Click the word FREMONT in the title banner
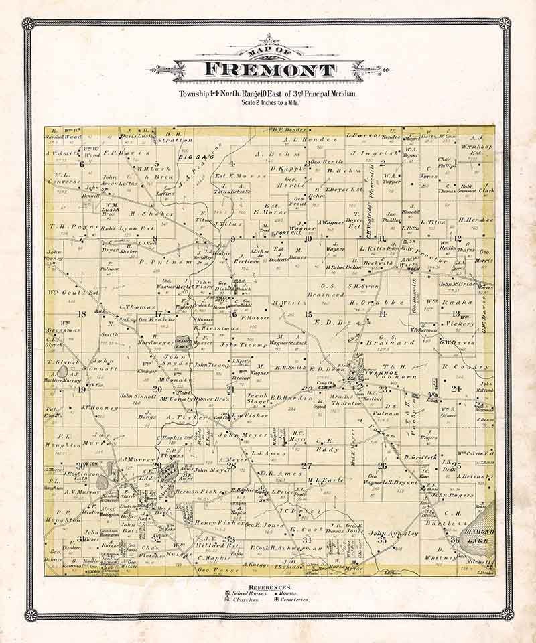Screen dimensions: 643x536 (x=268, y=70)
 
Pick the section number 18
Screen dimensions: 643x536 (x=82, y=313)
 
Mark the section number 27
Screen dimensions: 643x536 (x=307, y=466)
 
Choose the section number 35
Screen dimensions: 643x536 (x=383, y=539)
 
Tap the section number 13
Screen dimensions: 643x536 (x=456, y=313)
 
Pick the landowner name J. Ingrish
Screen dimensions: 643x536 (x=365, y=153)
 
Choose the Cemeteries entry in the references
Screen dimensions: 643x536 (x=291, y=599)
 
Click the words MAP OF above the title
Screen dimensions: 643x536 (x=268, y=53)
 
